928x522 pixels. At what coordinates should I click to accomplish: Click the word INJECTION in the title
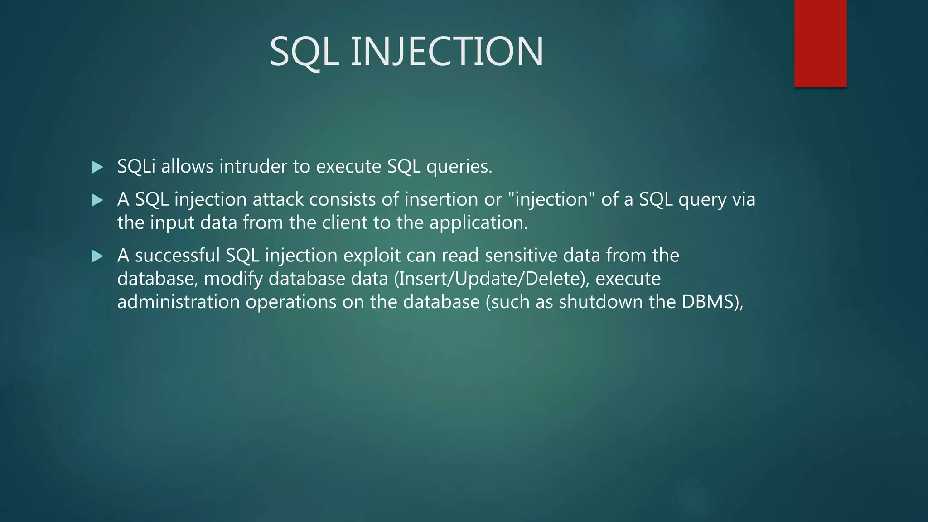[447, 51]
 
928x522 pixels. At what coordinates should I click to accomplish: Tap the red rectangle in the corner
[820, 43]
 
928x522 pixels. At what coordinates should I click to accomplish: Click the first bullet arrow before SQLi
[97, 167]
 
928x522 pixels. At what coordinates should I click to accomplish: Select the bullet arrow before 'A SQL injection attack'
[97, 200]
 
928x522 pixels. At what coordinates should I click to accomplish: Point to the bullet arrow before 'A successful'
[97, 256]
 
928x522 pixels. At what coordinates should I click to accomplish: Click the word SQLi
[136, 167]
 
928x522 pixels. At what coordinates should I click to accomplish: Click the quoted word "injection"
[551, 200]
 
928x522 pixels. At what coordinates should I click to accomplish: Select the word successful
[177, 256]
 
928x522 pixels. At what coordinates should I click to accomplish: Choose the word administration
[178, 302]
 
